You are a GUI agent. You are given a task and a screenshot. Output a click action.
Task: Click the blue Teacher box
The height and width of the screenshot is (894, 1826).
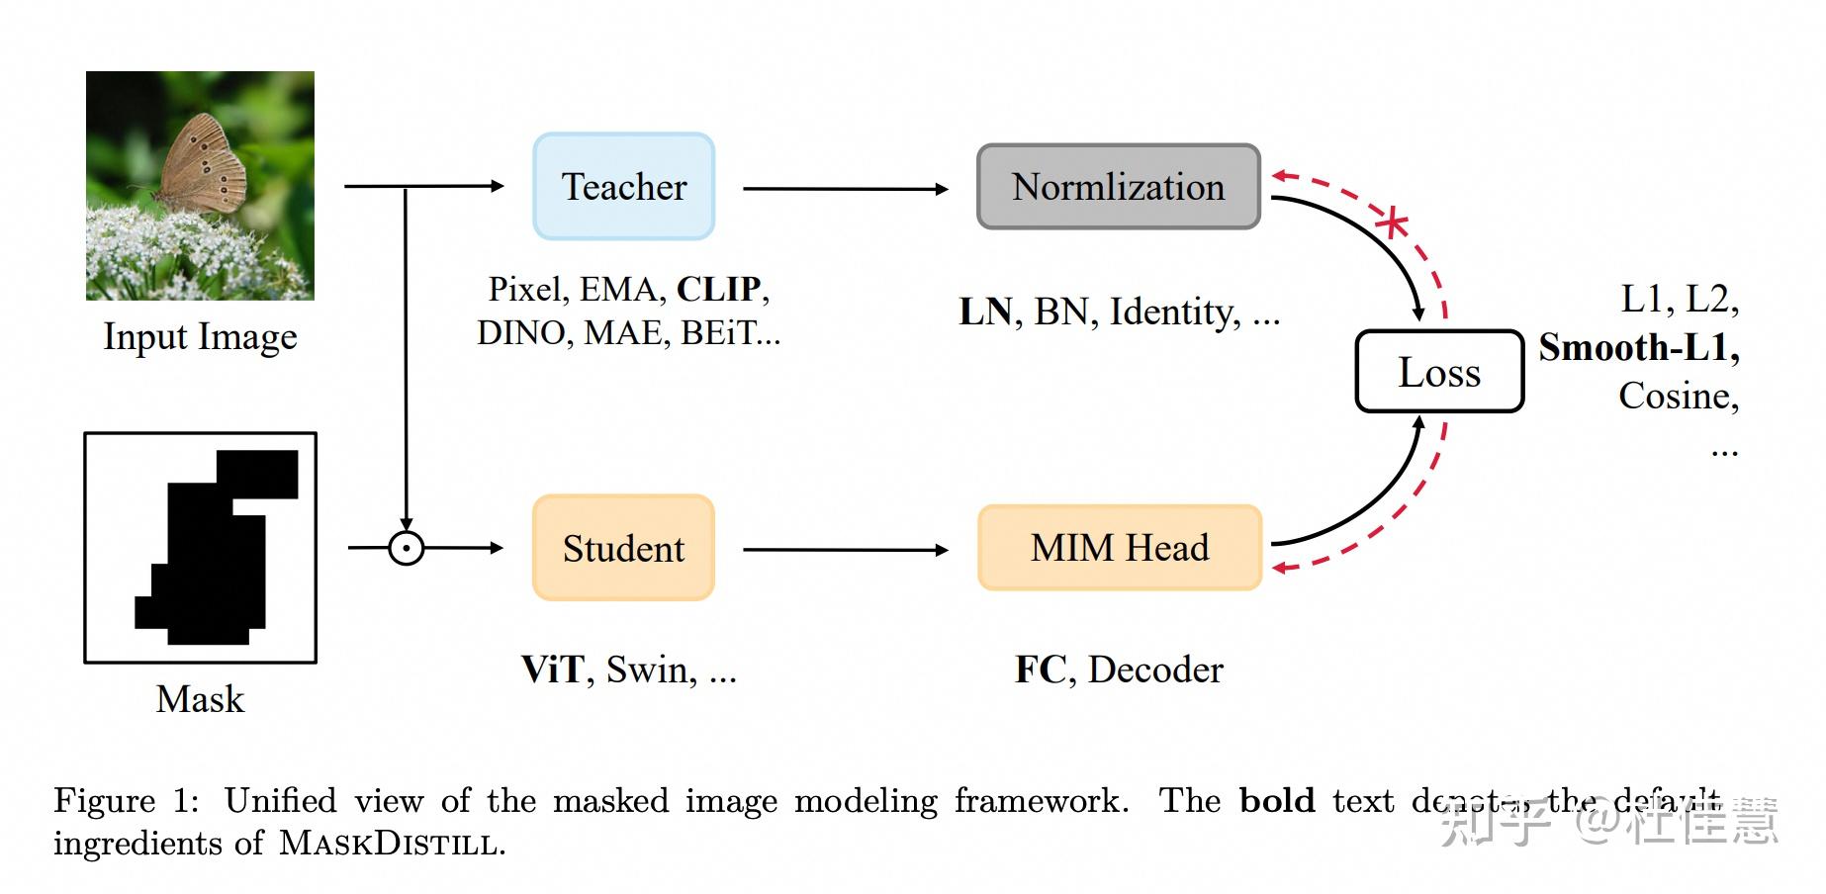[623, 186]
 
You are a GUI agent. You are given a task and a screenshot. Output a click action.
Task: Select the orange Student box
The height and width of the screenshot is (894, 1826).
[623, 548]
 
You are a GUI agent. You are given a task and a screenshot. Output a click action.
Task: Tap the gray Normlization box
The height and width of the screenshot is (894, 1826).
[1118, 187]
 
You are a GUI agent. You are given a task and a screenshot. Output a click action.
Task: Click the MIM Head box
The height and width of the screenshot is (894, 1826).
[1119, 548]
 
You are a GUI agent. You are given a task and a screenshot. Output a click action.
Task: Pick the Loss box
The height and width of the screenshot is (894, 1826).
[1438, 372]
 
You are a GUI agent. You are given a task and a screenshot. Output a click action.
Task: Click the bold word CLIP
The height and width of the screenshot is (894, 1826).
[719, 289]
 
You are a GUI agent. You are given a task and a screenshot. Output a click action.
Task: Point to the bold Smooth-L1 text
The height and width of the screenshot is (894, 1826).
[1637, 348]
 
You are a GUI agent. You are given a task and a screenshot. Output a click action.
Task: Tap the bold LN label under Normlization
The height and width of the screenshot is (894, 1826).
[985, 313]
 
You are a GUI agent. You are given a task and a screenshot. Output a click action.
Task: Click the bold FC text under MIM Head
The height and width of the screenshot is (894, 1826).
[1040, 670]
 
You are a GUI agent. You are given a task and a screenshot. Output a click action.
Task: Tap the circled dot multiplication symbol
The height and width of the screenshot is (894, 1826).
[406, 548]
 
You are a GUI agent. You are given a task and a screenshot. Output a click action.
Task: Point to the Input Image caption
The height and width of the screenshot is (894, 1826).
[200, 337]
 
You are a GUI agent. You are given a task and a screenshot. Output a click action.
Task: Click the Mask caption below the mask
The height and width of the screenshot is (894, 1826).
[200, 699]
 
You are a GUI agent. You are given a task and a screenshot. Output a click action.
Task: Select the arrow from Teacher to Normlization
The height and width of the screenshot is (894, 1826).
[846, 188]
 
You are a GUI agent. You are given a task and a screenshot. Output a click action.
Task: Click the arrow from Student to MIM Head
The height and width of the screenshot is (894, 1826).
[846, 549]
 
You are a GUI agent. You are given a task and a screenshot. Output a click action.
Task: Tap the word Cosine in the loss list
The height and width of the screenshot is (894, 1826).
[1677, 397]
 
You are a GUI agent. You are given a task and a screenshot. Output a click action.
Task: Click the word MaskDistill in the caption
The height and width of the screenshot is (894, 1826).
[389, 844]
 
